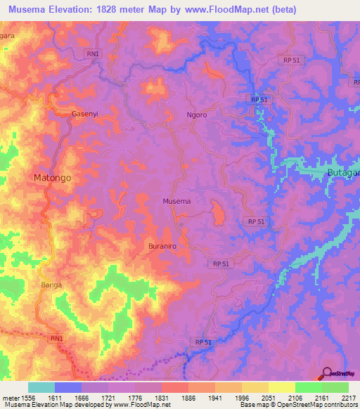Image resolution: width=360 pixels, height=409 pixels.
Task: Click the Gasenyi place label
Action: coord(86,113)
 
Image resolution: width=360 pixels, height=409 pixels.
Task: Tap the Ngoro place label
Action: coord(197,115)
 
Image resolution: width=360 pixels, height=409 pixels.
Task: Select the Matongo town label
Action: coord(53,178)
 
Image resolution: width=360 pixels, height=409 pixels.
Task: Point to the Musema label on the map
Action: coord(176,201)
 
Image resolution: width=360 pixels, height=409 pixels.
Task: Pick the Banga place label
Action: coord(51,285)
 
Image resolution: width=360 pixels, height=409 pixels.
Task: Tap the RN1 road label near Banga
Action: coord(56,338)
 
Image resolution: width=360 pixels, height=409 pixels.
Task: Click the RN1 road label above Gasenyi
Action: coord(92,53)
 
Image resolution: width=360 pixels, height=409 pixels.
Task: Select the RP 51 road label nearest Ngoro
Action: coord(259,100)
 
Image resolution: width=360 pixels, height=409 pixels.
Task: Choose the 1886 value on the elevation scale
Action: coord(188,397)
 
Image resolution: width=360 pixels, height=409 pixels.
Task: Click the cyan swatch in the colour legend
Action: coord(41,387)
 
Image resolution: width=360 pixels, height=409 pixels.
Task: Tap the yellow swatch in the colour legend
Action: coord(281,387)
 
